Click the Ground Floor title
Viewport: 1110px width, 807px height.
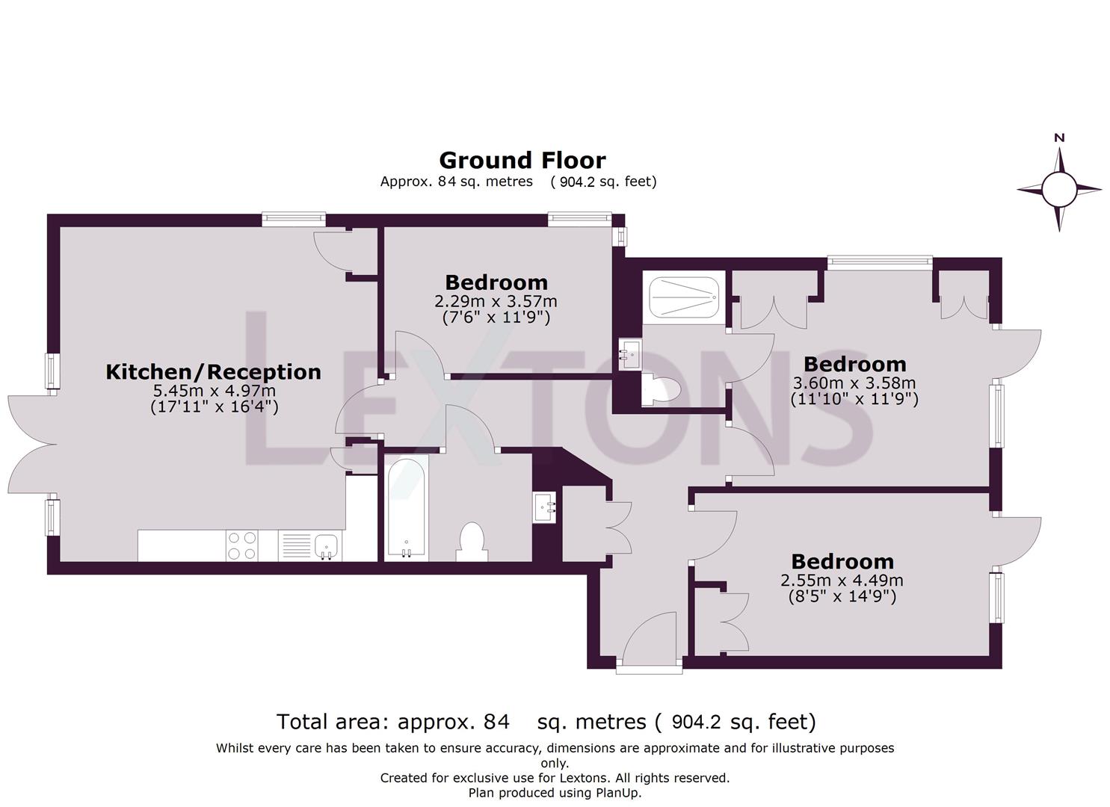(522, 160)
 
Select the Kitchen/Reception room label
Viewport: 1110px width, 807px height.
(213, 371)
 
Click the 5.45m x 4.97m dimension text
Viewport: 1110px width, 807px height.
(214, 390)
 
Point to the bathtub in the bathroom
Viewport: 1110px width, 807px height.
(407, 507)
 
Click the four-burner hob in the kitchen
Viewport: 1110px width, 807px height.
(241, 545)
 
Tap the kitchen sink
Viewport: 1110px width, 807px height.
(327, 545)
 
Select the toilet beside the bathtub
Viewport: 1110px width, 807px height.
(472, 541)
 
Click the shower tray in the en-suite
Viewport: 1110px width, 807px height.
(684, 297)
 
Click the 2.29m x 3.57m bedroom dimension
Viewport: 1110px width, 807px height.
(496, 301)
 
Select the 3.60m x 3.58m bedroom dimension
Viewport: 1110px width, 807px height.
(854, 383)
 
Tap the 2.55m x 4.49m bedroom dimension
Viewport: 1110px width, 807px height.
(842, 580)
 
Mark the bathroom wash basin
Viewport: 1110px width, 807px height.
(545, 508)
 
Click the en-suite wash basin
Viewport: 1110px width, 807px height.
(629, 351)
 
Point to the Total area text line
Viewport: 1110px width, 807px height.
(546, 722)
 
